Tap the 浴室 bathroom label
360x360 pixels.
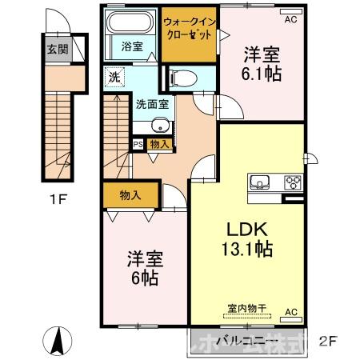point(132,46)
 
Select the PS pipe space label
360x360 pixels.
point(138,144)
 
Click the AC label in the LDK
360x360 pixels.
point(291,313)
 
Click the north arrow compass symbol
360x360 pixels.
point(58,342)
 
